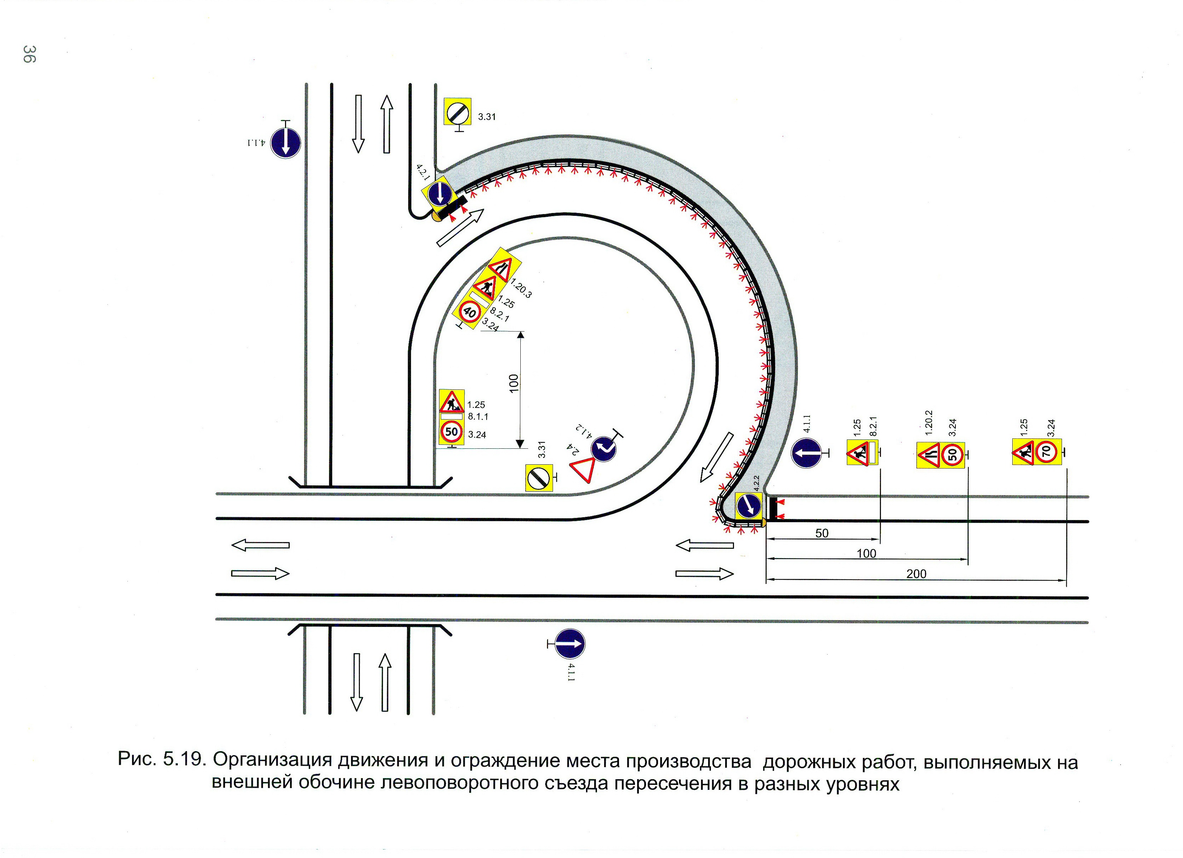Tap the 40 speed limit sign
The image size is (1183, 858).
pos(470,312)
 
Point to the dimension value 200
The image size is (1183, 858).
pos(916,574)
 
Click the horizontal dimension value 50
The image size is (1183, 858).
pos(822,533)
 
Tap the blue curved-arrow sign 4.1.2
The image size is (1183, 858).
pos(603,448)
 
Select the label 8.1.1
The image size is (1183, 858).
pos(478,416)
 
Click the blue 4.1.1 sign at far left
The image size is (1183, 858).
pos(285,142)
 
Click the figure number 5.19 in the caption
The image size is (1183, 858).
pos(182,759)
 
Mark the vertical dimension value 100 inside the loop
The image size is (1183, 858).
pos(514,383)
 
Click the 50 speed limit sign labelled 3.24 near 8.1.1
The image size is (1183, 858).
pos(451,432)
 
